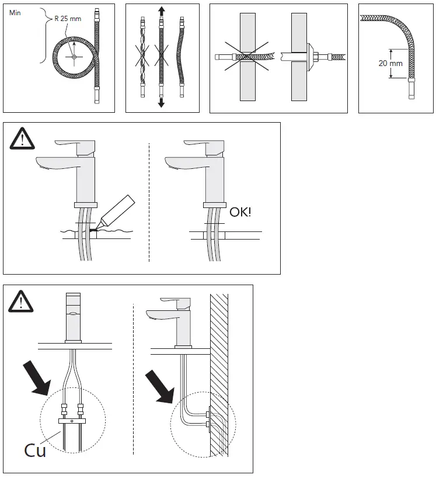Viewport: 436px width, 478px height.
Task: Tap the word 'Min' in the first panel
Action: tap(16, 12)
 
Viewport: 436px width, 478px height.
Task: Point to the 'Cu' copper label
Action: tap(35, 450)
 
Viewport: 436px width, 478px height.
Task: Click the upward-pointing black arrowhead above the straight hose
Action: tap(161, 11)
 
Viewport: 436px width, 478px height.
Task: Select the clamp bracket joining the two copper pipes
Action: tap(72, 420)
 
